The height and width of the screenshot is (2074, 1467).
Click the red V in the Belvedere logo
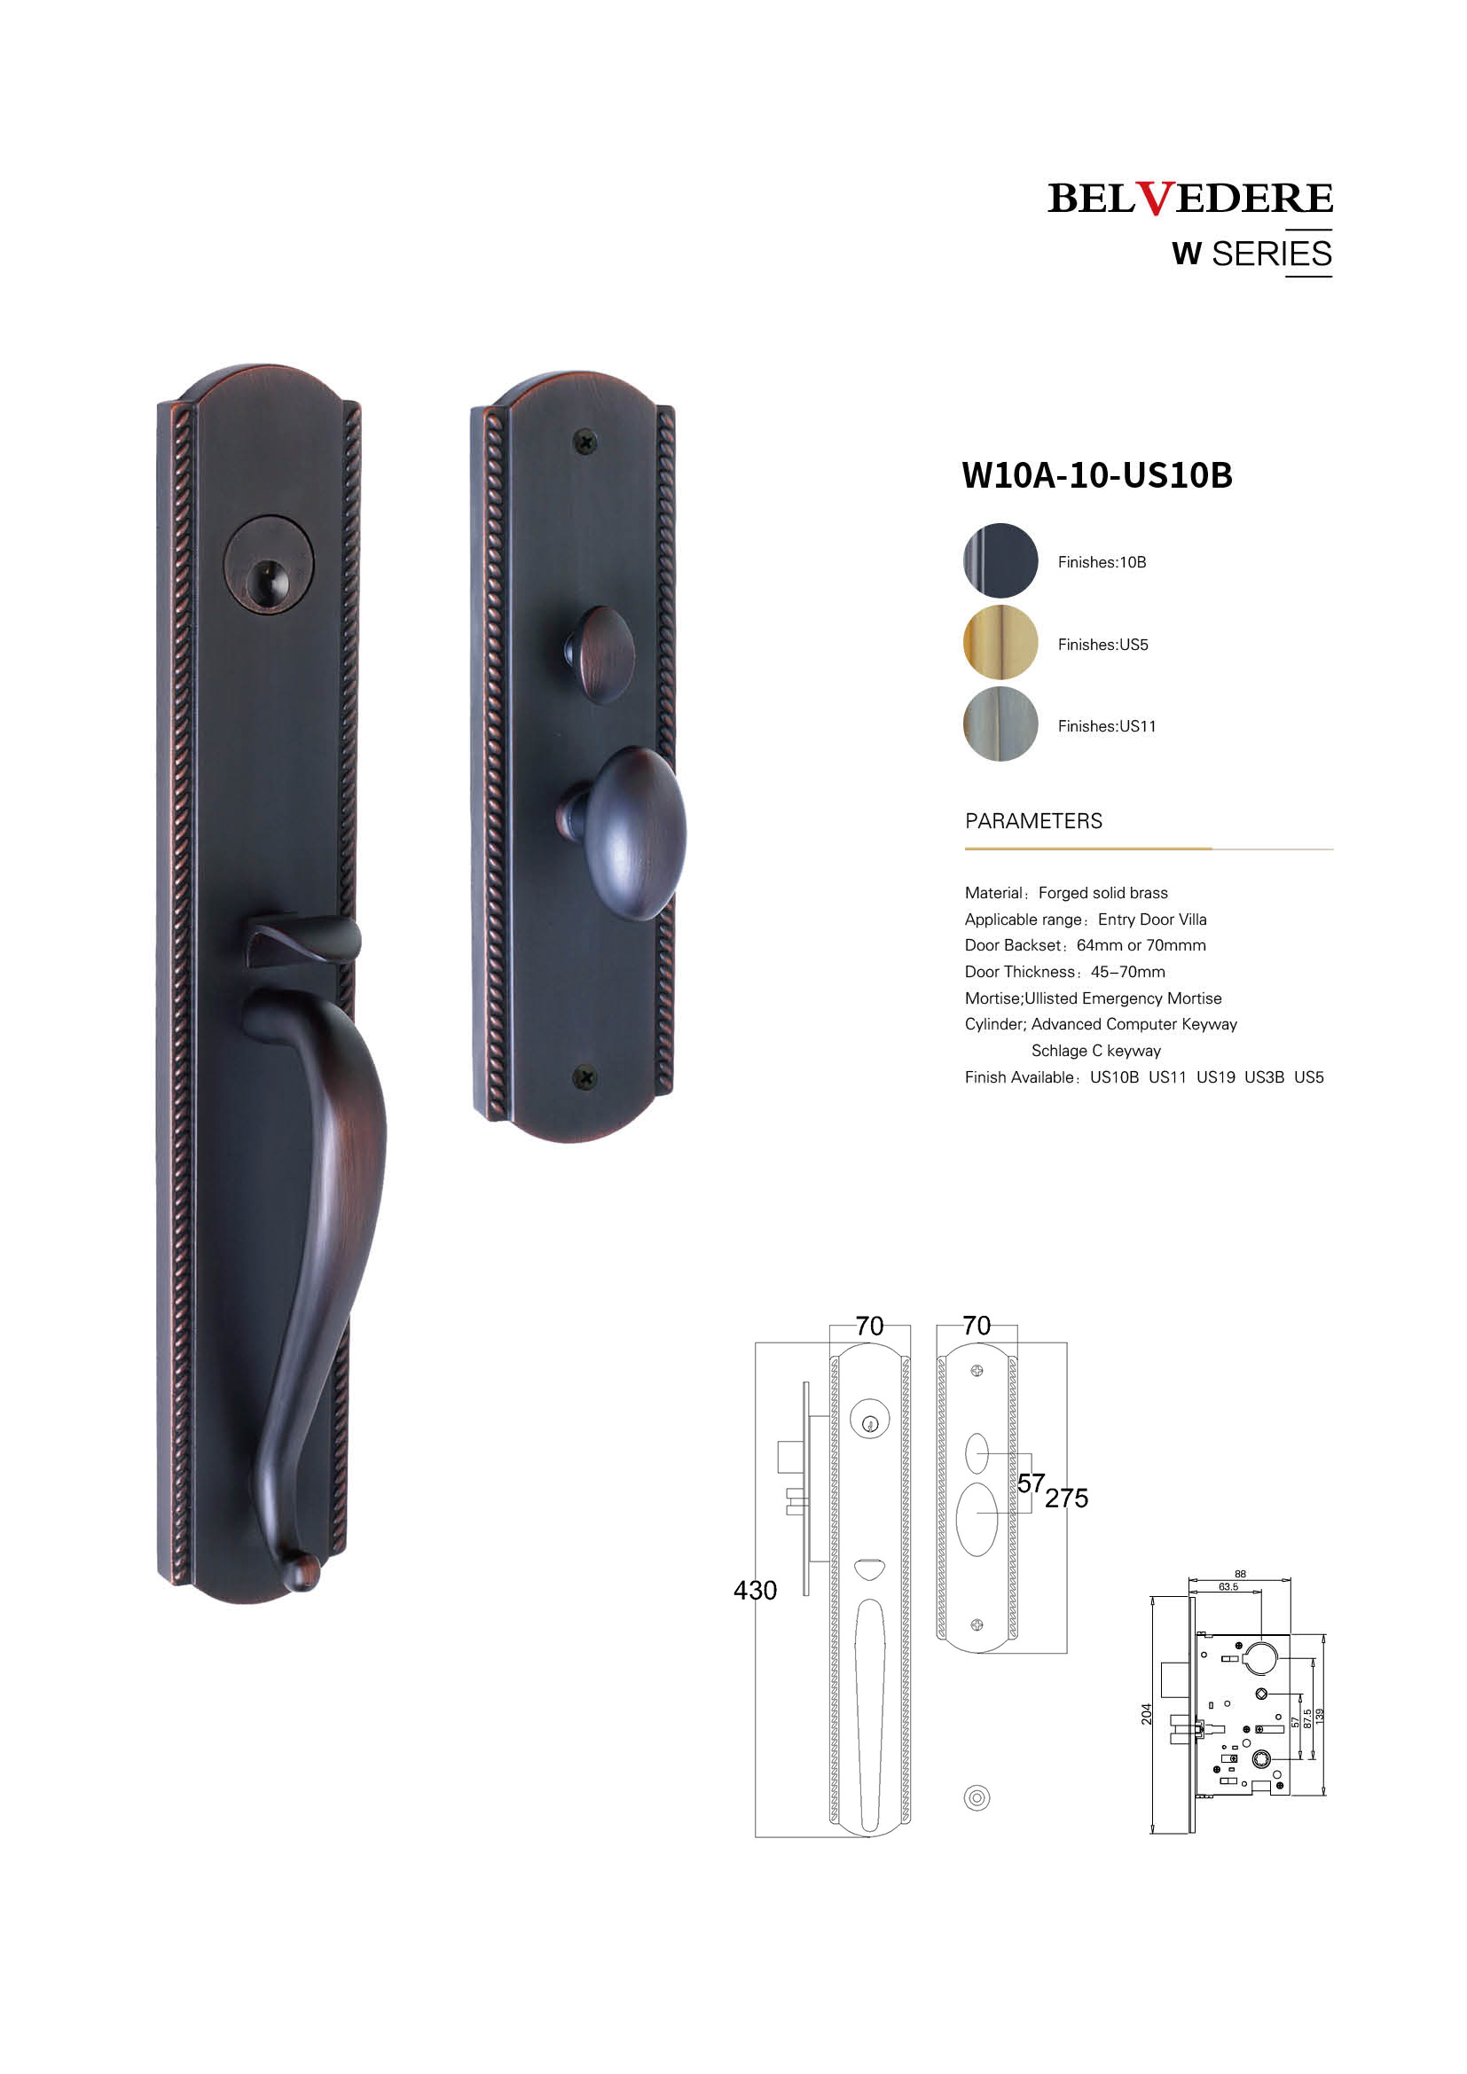[x=1156, y=198]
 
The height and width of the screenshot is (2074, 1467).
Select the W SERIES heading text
[x=1252, y=254]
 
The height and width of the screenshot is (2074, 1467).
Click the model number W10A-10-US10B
[x=1096, y=475]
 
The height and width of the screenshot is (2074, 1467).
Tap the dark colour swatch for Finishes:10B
[x=1000, y=560]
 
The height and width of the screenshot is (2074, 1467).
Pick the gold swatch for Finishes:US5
[x=1000, y=642]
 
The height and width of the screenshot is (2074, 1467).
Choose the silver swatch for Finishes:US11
[x=1000, y=724]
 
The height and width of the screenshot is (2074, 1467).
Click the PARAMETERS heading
[x=1033, y=821]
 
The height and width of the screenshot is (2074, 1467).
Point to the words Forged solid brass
[x=1103, y=893]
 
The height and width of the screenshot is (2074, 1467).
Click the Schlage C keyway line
[x=1095, y=1051]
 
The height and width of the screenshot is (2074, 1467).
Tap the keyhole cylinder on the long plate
[x=268, y=566]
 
